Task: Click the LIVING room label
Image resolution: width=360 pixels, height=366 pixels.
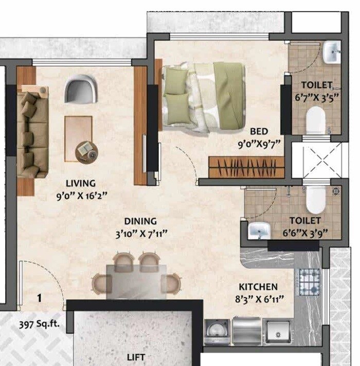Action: [81, 183]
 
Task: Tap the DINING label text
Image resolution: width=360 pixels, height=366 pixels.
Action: [140, 222]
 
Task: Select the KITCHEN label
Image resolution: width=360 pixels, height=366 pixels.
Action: [258, 287]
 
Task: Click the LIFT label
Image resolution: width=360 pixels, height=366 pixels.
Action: [136, 357]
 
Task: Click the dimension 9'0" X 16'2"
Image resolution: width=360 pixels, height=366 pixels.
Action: [81, 195]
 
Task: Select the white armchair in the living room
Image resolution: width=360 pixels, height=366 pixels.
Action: [80, 88]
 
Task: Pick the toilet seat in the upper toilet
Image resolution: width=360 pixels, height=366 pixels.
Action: [315, 121]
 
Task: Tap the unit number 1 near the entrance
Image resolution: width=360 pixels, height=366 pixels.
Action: [39, 297]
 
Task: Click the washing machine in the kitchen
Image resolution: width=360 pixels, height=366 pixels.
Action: [217, 332]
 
